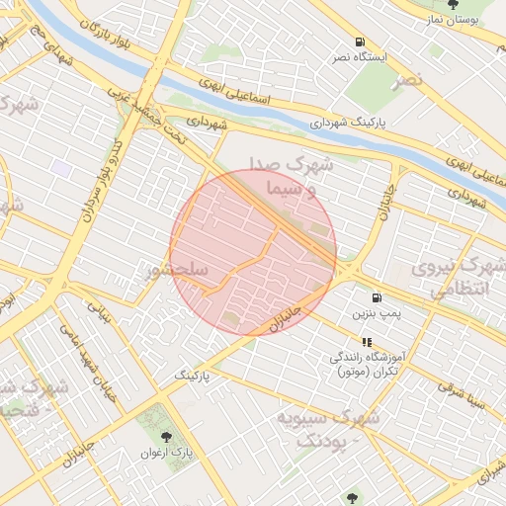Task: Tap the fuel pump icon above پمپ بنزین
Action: [376, 297]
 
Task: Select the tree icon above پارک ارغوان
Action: [163, 436]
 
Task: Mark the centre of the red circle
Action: [253, 252]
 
